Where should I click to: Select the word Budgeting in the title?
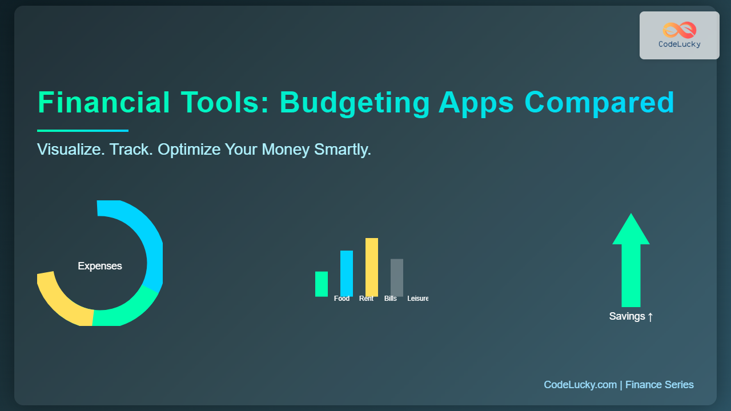(355, 104)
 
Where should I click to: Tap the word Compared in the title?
(599, 104)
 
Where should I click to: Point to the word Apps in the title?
(476, 104)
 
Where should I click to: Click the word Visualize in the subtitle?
(71, 150)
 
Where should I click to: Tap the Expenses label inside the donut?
(100, 266)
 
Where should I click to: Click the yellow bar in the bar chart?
(372, 267)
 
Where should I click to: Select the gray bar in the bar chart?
(397, 277)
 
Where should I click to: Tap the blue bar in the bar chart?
(347, 273)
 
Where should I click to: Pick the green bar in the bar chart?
(322, 284)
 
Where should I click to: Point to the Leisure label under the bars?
(417, 299)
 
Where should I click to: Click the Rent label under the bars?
(366, 299)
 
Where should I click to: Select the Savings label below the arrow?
(631, 316)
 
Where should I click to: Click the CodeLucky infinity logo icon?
(680, 30)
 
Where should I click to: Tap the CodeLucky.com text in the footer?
(580, 385)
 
